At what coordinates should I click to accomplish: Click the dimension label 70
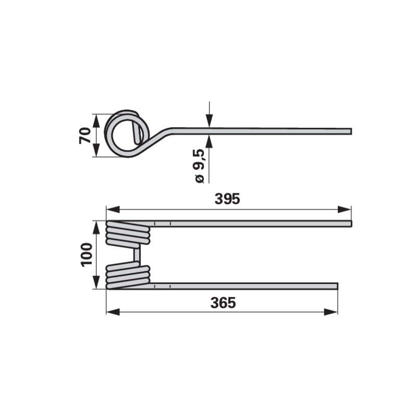click(x=85, y=136)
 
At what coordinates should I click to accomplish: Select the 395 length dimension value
click(x=227, y=199)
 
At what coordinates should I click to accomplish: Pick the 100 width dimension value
click(x=87, y=254)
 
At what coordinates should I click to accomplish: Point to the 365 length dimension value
click(x=223, y=303)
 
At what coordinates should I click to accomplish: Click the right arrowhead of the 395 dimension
click(x=345, y=210)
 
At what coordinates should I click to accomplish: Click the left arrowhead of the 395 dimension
click(x=113, y=210)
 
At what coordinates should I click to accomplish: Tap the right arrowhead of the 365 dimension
click(x=331, y=312)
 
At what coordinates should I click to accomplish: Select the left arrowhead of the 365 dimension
click(x=113, y=312)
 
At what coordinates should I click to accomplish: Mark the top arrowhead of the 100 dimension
click(x=96, y=227)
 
